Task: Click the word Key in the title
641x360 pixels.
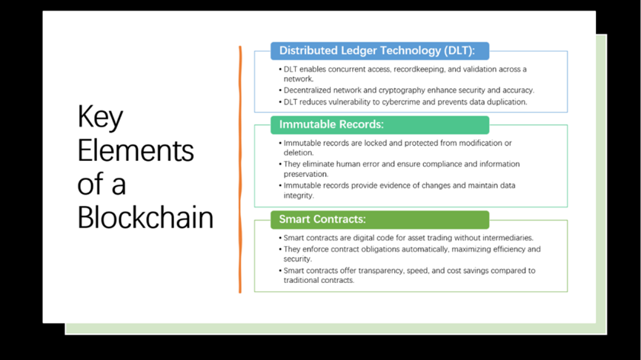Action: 100,117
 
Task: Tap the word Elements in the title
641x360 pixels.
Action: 136,150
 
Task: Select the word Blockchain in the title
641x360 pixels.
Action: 145,217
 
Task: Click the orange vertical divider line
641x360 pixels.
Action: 240,170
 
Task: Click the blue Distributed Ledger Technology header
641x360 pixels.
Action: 379,50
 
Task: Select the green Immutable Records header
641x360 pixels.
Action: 379,124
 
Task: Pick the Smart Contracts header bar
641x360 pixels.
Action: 379,219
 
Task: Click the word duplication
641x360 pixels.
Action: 506,102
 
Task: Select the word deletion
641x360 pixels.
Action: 299,153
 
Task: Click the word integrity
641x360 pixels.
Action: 299,196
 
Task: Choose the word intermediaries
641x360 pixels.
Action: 508,238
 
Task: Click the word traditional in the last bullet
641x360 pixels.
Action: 300,280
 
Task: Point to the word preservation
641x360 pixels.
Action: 306,175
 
